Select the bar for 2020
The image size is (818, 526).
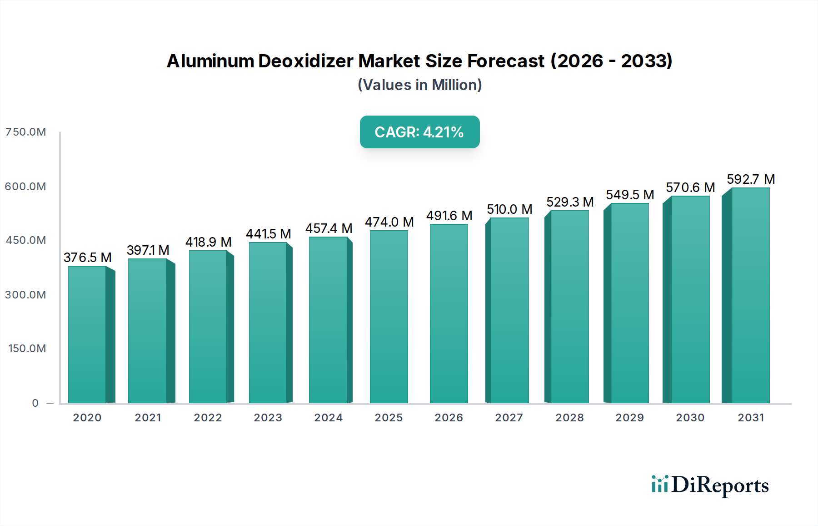coord(87,334)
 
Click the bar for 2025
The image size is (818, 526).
coord(389,317)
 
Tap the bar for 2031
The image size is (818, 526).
coord(750,296)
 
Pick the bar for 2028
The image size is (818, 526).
coord(569,307)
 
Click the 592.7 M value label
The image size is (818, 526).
coord(751,179)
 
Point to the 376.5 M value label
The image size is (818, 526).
coord(88,258)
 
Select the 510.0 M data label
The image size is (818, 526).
coord(509,209)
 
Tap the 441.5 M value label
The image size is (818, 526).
coord(269,234)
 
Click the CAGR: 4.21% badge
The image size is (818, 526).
coord(419,132)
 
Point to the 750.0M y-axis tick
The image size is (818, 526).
coord(26,132)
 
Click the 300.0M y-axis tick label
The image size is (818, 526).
coord(26,295)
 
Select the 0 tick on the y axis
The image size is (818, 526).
coord(35,403)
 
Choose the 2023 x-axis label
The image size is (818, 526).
coord(268,418)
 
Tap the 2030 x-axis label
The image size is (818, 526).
coord(690,418)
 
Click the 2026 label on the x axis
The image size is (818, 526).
coord(449,418)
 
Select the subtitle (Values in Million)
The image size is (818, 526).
coord(419,85)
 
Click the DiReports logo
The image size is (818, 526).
coord(710,485)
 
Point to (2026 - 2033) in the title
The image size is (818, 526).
coord(611,61)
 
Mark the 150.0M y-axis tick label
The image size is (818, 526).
coord(27,349)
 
